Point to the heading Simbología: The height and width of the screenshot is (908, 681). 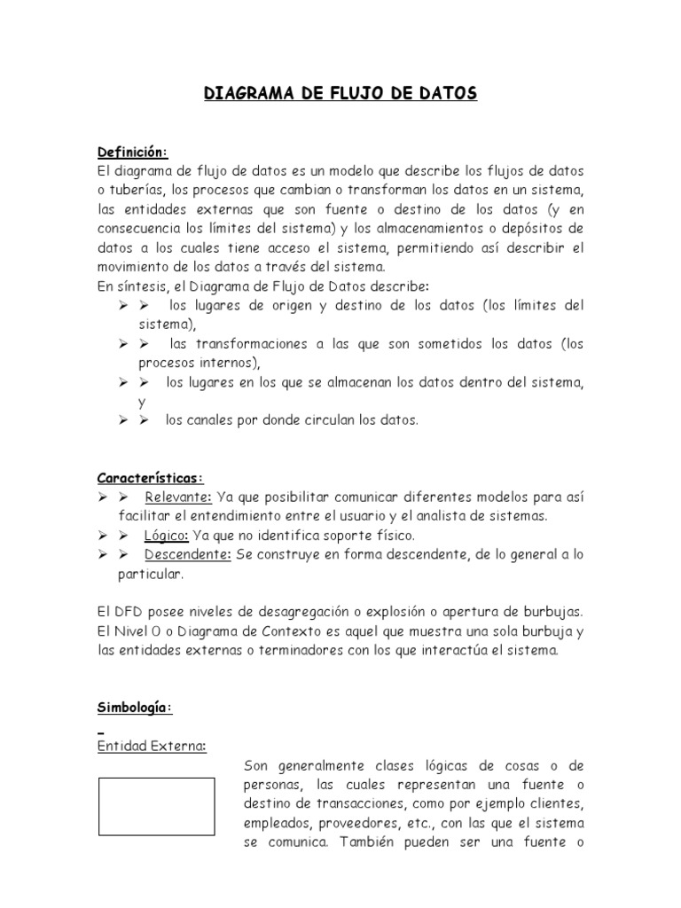point(135,708)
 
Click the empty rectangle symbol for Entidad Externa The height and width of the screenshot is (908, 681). point(156,806)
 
